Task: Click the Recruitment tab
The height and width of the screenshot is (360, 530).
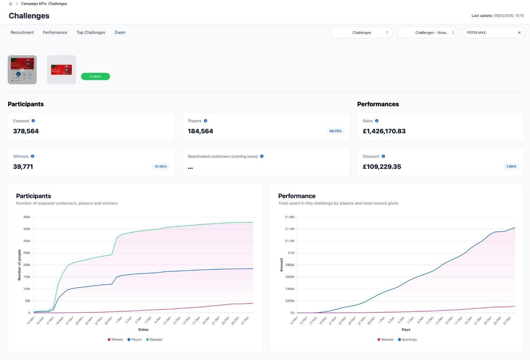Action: point(22,33)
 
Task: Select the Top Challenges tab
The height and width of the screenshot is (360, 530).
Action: point(91,33)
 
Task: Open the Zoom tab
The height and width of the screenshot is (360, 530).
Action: point(120,33)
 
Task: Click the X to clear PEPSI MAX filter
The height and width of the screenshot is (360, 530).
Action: point(519,33)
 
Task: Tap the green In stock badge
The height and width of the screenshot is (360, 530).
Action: point(95,76)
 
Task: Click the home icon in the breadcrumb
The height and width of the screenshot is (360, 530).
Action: point(11,4)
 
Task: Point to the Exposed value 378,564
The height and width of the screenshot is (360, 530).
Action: point(26,131)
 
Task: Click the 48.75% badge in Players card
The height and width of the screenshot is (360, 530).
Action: point(335,131)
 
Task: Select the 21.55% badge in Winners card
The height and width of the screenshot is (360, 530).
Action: point(161,167)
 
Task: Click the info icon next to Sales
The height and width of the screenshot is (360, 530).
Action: point(377,121)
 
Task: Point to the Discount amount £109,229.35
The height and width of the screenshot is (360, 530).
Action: point(382,167)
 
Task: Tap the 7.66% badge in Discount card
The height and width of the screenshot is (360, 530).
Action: point(511,167)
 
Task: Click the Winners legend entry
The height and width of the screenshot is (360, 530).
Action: point(115,339)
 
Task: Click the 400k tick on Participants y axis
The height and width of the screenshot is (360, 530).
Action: point(27,217)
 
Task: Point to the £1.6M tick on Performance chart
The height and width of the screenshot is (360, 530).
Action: point(289,217)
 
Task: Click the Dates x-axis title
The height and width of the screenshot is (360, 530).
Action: point(143,330)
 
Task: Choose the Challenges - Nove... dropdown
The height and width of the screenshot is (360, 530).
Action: point(427,33)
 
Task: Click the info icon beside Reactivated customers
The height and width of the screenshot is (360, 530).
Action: point(262,156)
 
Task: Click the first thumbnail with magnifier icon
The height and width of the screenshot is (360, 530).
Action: point(22,69)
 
